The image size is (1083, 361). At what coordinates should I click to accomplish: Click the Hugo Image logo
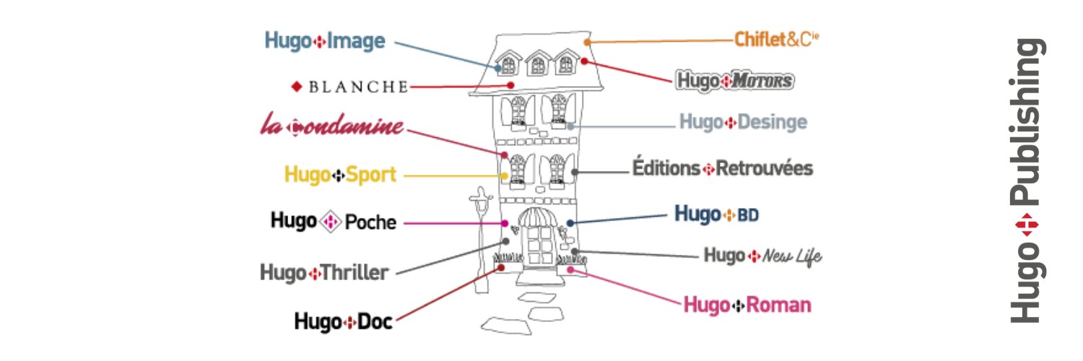325,41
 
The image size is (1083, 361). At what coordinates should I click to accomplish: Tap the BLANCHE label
349,87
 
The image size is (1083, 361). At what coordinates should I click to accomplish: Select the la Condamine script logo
331,127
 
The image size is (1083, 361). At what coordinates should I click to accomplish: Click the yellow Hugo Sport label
340,175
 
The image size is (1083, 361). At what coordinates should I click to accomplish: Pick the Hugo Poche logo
334,221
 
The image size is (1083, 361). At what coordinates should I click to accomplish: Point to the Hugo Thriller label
324,273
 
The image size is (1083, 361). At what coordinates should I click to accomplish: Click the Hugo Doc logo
344,321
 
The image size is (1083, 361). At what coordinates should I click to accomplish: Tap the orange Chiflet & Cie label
777,40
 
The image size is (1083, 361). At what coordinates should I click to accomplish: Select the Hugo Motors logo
735,81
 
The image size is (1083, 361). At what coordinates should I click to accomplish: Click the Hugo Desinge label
743,122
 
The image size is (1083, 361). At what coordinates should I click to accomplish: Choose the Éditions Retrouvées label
723,169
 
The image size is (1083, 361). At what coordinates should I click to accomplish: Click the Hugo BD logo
716,214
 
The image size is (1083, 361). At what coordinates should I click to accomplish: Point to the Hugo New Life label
762,256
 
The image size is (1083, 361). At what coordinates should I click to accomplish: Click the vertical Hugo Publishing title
1026,180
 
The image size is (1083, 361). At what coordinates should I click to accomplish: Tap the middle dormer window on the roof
538,65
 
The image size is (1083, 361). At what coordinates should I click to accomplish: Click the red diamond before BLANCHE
295,87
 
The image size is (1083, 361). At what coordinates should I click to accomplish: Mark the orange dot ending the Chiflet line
587,43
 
